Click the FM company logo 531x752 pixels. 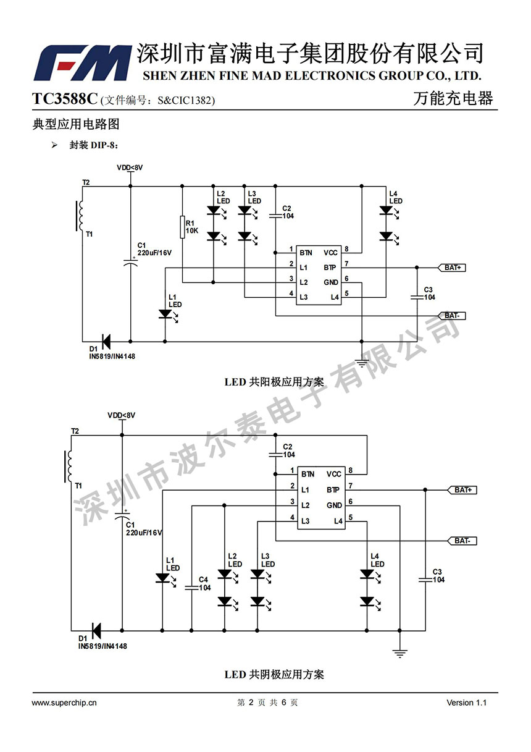[82, 63]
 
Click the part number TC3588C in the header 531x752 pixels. [65, 99]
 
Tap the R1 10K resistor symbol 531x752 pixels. [182, 227]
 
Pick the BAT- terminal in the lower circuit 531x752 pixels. [462, 541]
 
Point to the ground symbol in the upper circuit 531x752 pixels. [362, 363]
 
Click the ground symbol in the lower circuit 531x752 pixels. [399, 653]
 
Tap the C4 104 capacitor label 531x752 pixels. [204, 584]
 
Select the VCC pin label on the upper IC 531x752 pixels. [330, 253]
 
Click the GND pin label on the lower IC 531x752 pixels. [334, 505]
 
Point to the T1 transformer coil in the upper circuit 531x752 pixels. [80, 216]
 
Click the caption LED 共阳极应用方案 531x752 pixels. [274, 382]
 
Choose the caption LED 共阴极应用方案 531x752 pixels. [274, 674]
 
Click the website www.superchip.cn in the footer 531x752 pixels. [64, 703]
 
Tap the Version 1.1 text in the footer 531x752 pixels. [467, 703]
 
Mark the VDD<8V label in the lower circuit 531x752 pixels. [121, 415]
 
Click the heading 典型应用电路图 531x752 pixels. [75, 124]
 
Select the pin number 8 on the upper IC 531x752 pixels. [347, 249]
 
